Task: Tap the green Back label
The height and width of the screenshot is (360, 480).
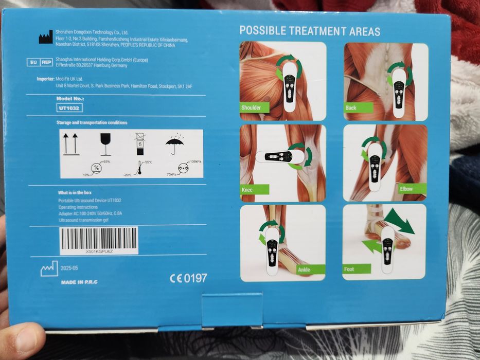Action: pos(352,107)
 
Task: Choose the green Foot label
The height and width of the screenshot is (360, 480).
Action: pos(355,269)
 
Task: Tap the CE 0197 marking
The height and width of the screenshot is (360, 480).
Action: pos(188,278)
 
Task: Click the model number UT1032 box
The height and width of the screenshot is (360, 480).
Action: pos(69,108)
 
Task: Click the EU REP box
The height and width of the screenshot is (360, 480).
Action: pos(40,62)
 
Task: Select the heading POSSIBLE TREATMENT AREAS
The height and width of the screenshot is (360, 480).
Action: pos(310,31)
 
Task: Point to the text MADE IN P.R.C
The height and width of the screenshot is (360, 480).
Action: pos(79,282)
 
